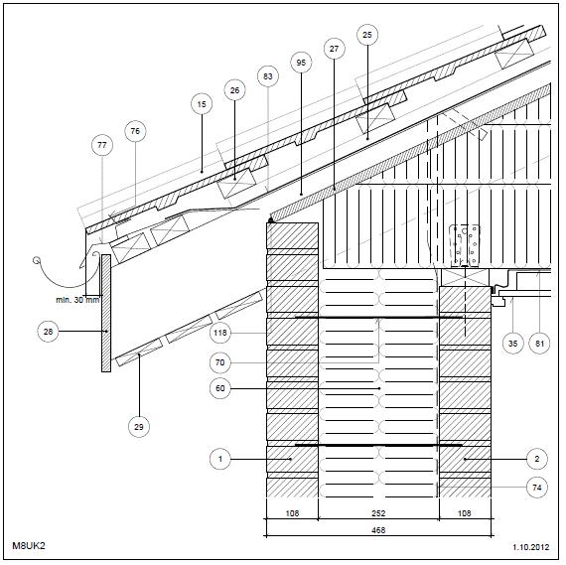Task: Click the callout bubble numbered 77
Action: [x=101, y=145]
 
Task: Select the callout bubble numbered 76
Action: [x=135, y=131]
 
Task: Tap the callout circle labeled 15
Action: [x=202, y=103]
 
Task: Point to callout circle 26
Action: [x=234, y=90]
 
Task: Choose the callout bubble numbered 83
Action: [x=266, y=75]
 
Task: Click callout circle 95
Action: [x=301, y=62]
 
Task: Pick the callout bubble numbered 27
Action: [x=334, y=48]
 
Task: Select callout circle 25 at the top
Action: [x=367, y=35]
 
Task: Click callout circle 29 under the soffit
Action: [x=139, y=426]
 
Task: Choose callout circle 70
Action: [x=220, y=361]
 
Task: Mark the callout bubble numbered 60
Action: [x=220, y=388]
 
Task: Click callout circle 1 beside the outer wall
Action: [x=220, y=459]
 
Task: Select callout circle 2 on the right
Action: [x=536, y=459]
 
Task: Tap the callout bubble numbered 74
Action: [x=536, y=488]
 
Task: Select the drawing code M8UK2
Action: [x=30, y=546]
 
